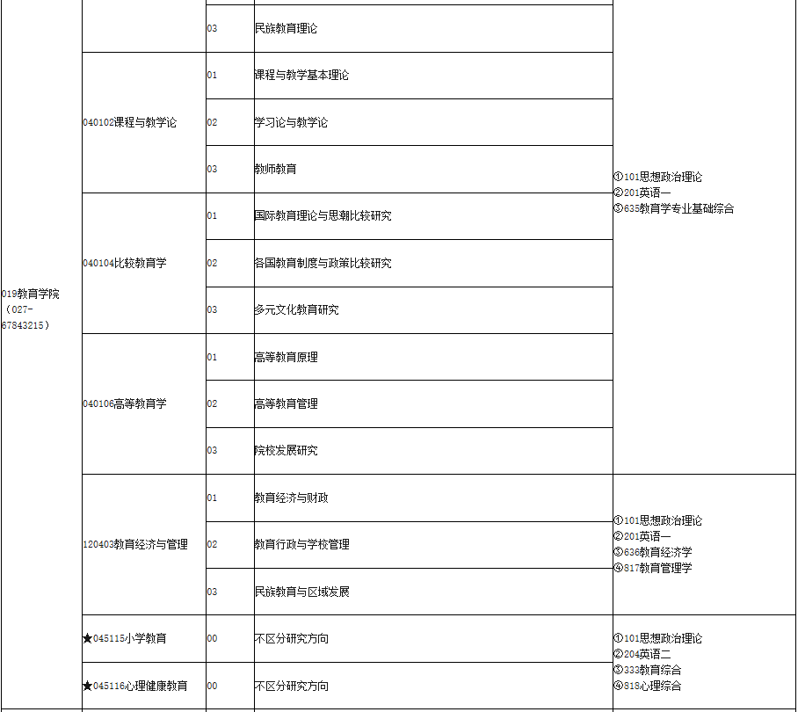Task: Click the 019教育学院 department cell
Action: [x=31, y=294]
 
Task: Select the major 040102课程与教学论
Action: [x=129, y=122]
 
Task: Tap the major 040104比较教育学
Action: [x=124, y=263]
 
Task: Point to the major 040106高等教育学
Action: [x=124, y=403]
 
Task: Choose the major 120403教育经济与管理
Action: [x=134, y=544]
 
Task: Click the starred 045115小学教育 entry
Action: [x=124, y=638]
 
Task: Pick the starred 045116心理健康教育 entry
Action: [x=134, y=686]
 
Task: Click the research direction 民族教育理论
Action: [x=286, y=28]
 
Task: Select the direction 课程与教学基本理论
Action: [x=301, y=75]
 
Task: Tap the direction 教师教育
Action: [x=275, y=169]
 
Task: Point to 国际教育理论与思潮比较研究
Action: [x=323, y=215]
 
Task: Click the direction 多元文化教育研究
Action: [x=296, y=309]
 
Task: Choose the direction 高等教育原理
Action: [x=286, y=357]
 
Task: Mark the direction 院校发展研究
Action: [x=286, y=450]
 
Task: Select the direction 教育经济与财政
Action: [x=291, y=498]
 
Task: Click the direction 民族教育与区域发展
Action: [x=301, y=592]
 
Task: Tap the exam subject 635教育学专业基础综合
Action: [x=673, y=208]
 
